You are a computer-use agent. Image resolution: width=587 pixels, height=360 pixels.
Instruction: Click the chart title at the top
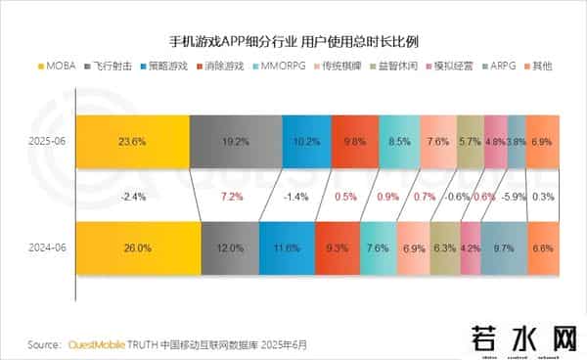(293, 42)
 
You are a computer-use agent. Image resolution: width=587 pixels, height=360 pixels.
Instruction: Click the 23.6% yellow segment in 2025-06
(132, 141)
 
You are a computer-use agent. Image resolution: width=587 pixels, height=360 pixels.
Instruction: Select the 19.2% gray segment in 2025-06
(236, 141)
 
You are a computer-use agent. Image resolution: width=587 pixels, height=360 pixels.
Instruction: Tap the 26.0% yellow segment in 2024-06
(138, 248)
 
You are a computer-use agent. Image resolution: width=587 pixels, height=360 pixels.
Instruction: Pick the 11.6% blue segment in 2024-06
(289, 248)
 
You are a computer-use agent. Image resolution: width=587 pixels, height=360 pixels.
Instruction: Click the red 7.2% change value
(232, 196)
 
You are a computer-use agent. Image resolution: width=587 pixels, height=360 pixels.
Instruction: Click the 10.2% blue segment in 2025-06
(306, 141)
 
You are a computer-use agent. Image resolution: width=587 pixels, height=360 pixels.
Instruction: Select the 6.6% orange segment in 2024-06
(542, 248)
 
